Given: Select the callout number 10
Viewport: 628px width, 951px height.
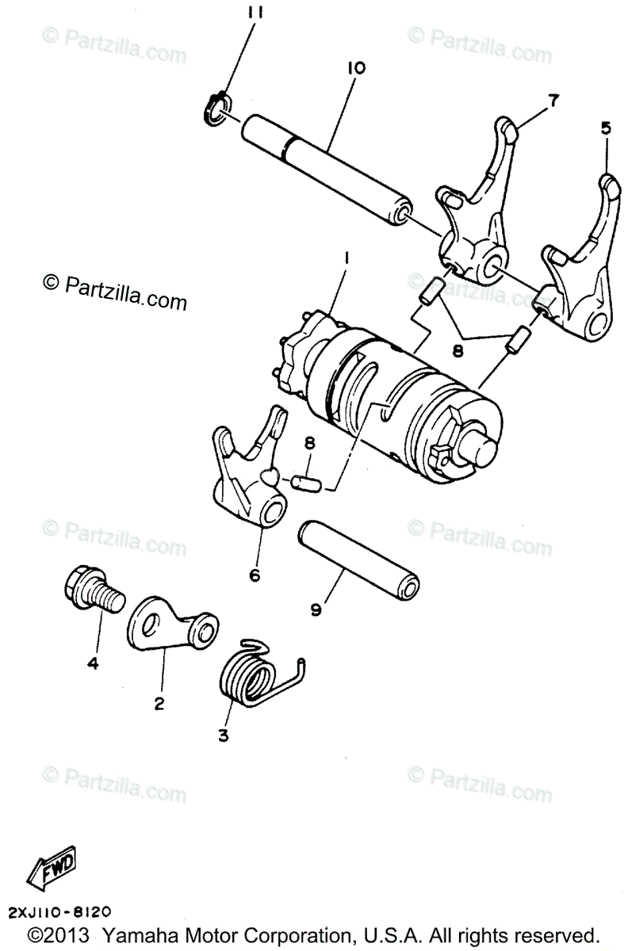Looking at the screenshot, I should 354,68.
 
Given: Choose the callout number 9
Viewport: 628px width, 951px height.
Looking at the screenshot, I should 316,609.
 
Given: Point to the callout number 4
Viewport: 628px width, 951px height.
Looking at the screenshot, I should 93,664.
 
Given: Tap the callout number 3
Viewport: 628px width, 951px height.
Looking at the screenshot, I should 223,736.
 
